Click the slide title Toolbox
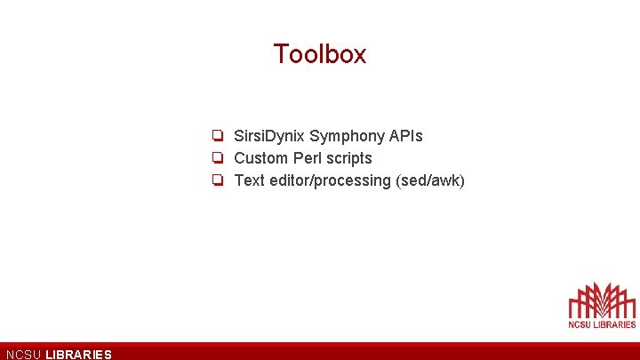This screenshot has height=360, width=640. [x=320, y=54]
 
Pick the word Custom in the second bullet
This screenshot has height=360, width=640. [x=261, y=158]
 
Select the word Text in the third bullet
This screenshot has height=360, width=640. [x=250, y=180]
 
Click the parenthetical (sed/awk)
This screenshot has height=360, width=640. [x=430, y=180]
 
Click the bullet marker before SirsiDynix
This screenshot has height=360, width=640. [x=217, y=136]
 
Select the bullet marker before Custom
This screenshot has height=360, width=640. [x=217, y=158]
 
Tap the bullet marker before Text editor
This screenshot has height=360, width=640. [x=217, y=180]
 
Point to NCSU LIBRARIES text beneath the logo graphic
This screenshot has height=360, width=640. [x=602, y=324]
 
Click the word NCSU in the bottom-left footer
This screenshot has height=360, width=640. [x=23, y=355]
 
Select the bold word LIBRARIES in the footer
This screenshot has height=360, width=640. [x=78, y=355]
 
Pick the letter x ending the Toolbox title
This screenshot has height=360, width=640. [x=359, y=56]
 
